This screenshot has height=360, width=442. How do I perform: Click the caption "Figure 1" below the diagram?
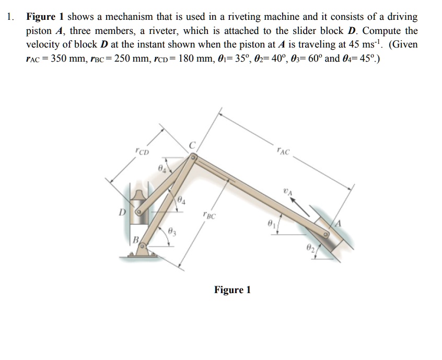[x=232, y=289]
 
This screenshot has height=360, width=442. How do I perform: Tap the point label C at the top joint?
[x=192, y=145]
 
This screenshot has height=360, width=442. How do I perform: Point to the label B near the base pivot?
[x=135, y=241]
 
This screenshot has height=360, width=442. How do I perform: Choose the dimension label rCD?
[x=142, y=152]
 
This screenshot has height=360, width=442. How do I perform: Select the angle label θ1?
[x=270, y=223]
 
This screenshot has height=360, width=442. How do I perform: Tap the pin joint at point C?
[x=193, y=156]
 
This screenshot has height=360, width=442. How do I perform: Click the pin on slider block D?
[x=139, y=213]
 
